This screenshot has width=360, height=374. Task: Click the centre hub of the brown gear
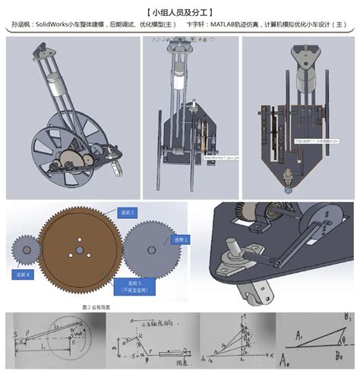tap(78, 249)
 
